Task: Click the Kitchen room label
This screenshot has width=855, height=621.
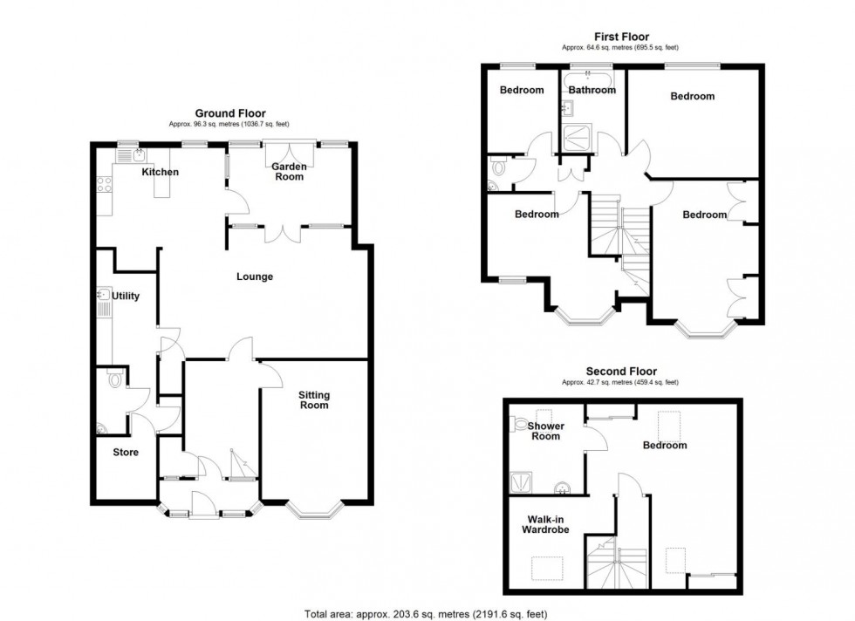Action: point(161,172)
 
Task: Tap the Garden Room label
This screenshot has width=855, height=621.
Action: point(289,171)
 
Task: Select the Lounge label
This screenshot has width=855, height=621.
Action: point(255,276)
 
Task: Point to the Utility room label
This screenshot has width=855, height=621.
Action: point(126,296)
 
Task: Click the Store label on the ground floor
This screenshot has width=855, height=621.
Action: point(126,452)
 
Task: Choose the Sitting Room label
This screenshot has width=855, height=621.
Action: point(314,399)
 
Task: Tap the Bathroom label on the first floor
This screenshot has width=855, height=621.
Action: point(592,90)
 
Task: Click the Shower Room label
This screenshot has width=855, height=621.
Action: point(546,431)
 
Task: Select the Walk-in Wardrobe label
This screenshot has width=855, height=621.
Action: point(545,524)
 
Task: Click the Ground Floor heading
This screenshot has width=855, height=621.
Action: point(230,113)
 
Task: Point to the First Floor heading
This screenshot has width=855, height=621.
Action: point(621,37)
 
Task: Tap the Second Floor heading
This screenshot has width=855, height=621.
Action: point(621,372)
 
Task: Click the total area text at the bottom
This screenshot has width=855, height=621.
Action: point(426,614)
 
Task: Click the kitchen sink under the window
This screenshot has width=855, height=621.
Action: point(132,155)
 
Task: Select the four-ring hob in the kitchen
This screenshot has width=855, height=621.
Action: point(104,184)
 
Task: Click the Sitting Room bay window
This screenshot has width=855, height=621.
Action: point(315,511)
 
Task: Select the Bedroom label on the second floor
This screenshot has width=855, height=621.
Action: point(665,446)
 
